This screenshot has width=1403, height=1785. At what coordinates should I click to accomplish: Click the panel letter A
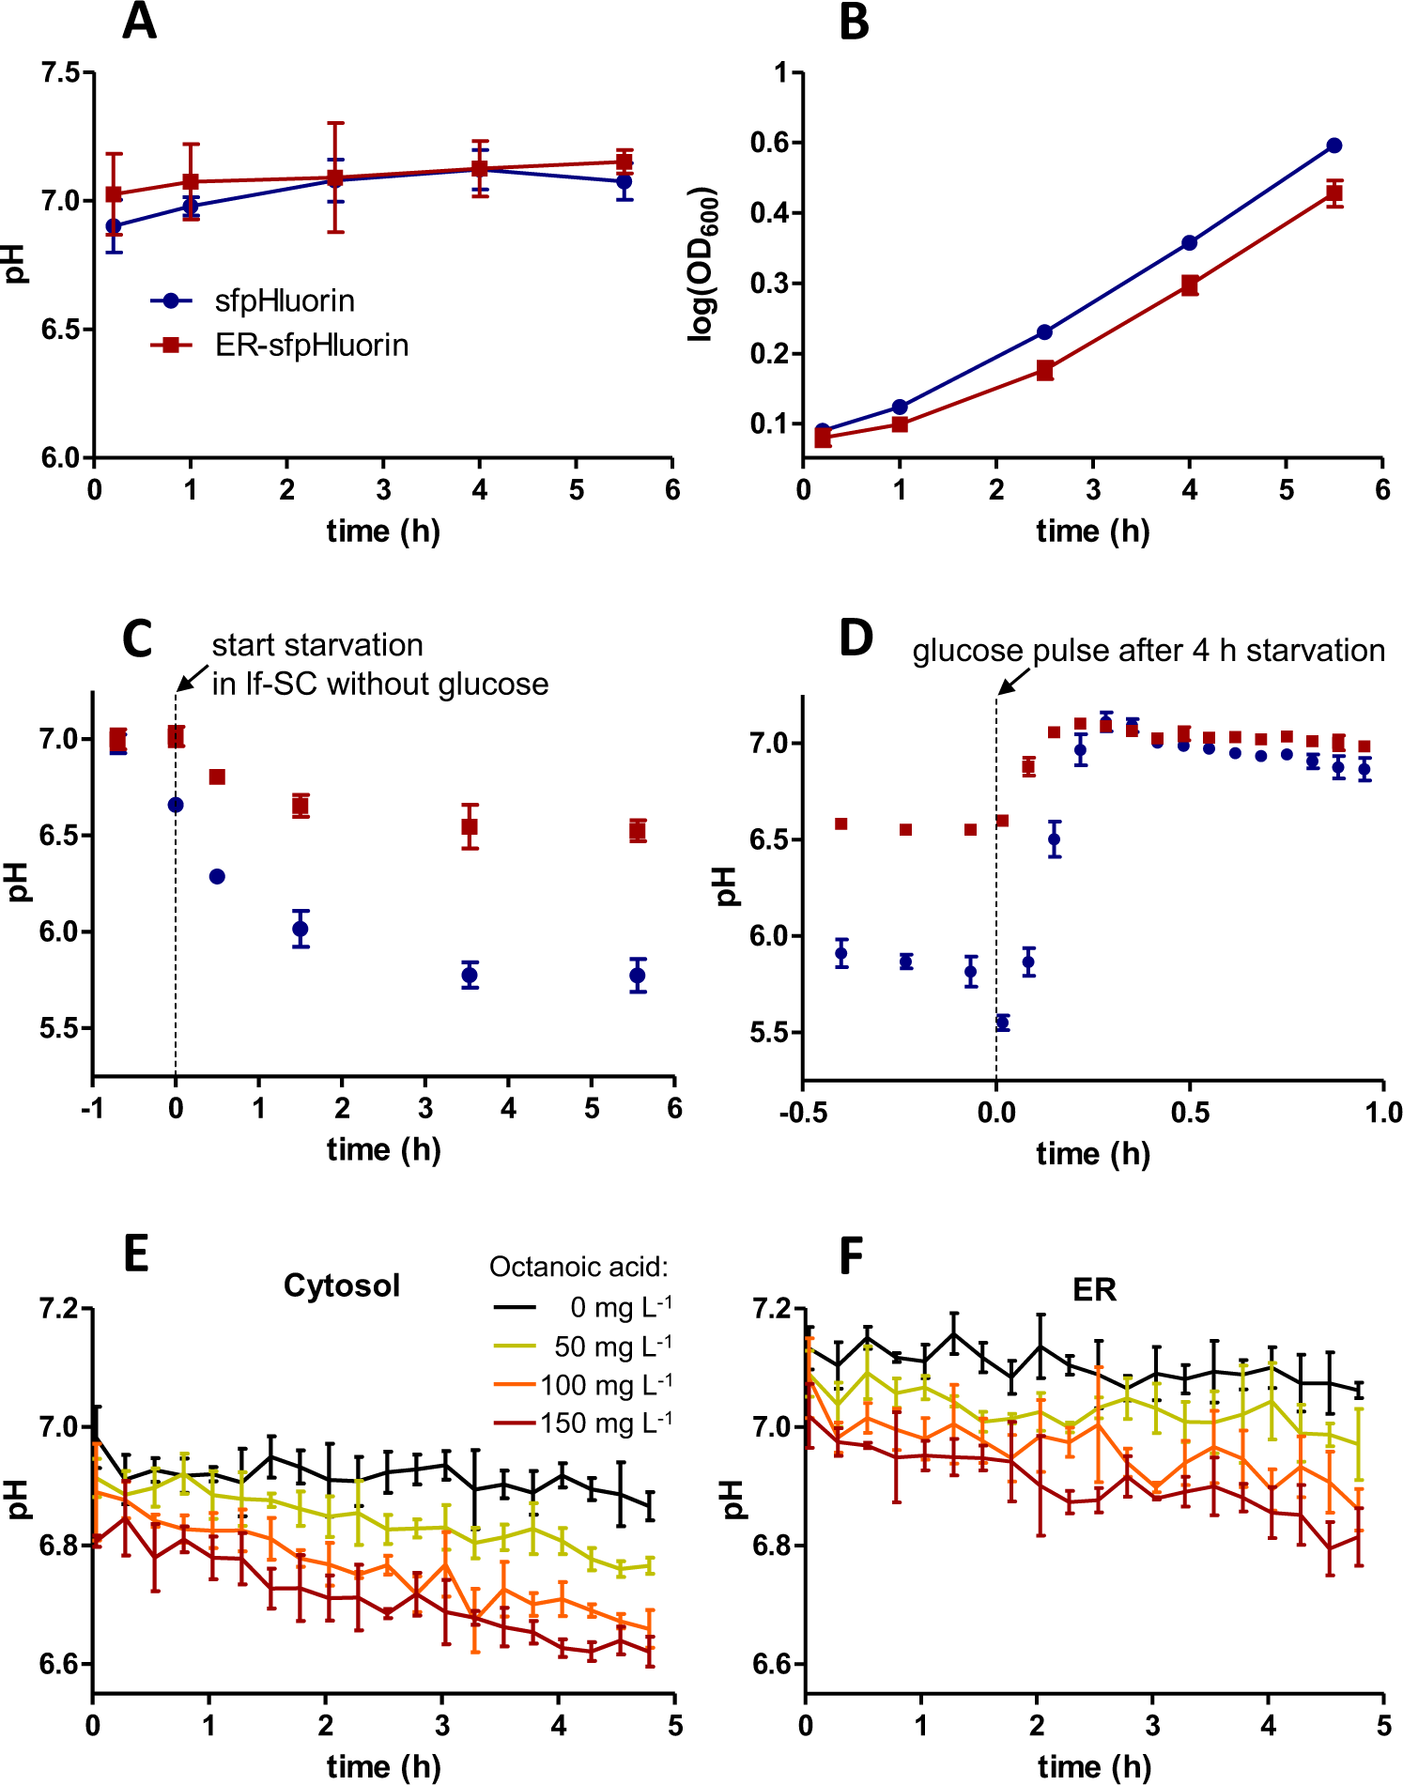pyautogui.click(x=139, y=21)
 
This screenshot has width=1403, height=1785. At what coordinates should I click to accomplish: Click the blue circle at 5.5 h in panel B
pyautogui.click(x=1334, y=146)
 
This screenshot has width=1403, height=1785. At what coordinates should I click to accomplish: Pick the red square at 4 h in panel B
pyautogui.click(x=1190, y=285)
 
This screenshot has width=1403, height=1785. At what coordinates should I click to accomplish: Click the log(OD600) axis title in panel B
pyautogui.click(x=703, y=263)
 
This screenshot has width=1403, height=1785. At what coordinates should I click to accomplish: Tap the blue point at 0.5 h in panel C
pyautogui.click(x=217, y=876)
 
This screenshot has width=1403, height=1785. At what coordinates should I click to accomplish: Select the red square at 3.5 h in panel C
pyautogui.click(x=470, y=826)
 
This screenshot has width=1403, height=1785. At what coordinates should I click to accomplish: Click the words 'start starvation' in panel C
pyautogui.click(x=317, y=645)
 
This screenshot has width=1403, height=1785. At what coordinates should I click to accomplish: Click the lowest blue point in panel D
pyautogui.click(x=1002, y=1023)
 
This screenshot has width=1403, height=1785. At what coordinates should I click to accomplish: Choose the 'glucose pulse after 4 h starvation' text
pyautogui.click(x=1148, y=651)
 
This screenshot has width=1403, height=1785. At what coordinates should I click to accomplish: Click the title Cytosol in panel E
pyautogui.click(x=342, y=1285)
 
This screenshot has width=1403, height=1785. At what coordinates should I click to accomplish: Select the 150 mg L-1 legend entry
pyautogui.click(x=605, y=1423)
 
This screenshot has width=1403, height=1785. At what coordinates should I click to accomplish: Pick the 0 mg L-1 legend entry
pyautogui.click(x=620, y=1307)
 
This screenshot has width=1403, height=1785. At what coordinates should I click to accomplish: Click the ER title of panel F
pyautogui.click(x=1094, y=1290)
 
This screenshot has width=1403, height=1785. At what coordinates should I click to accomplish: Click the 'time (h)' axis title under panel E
pyautogui.click(x=383, y=1766)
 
